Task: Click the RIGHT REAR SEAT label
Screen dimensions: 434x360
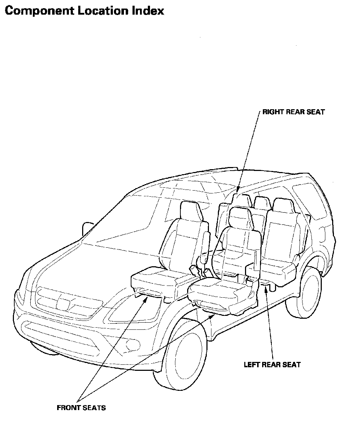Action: click(x=294, y=112)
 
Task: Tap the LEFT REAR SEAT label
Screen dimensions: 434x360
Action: click(x=272, y=365)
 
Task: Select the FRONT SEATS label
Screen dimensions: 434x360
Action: click(x=81, y=408)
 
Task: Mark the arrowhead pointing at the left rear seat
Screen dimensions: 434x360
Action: click(x=266, y=289)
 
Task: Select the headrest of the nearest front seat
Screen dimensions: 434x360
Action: click(x=241, y=218)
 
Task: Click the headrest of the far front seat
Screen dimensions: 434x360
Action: click(x=192, y=211)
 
